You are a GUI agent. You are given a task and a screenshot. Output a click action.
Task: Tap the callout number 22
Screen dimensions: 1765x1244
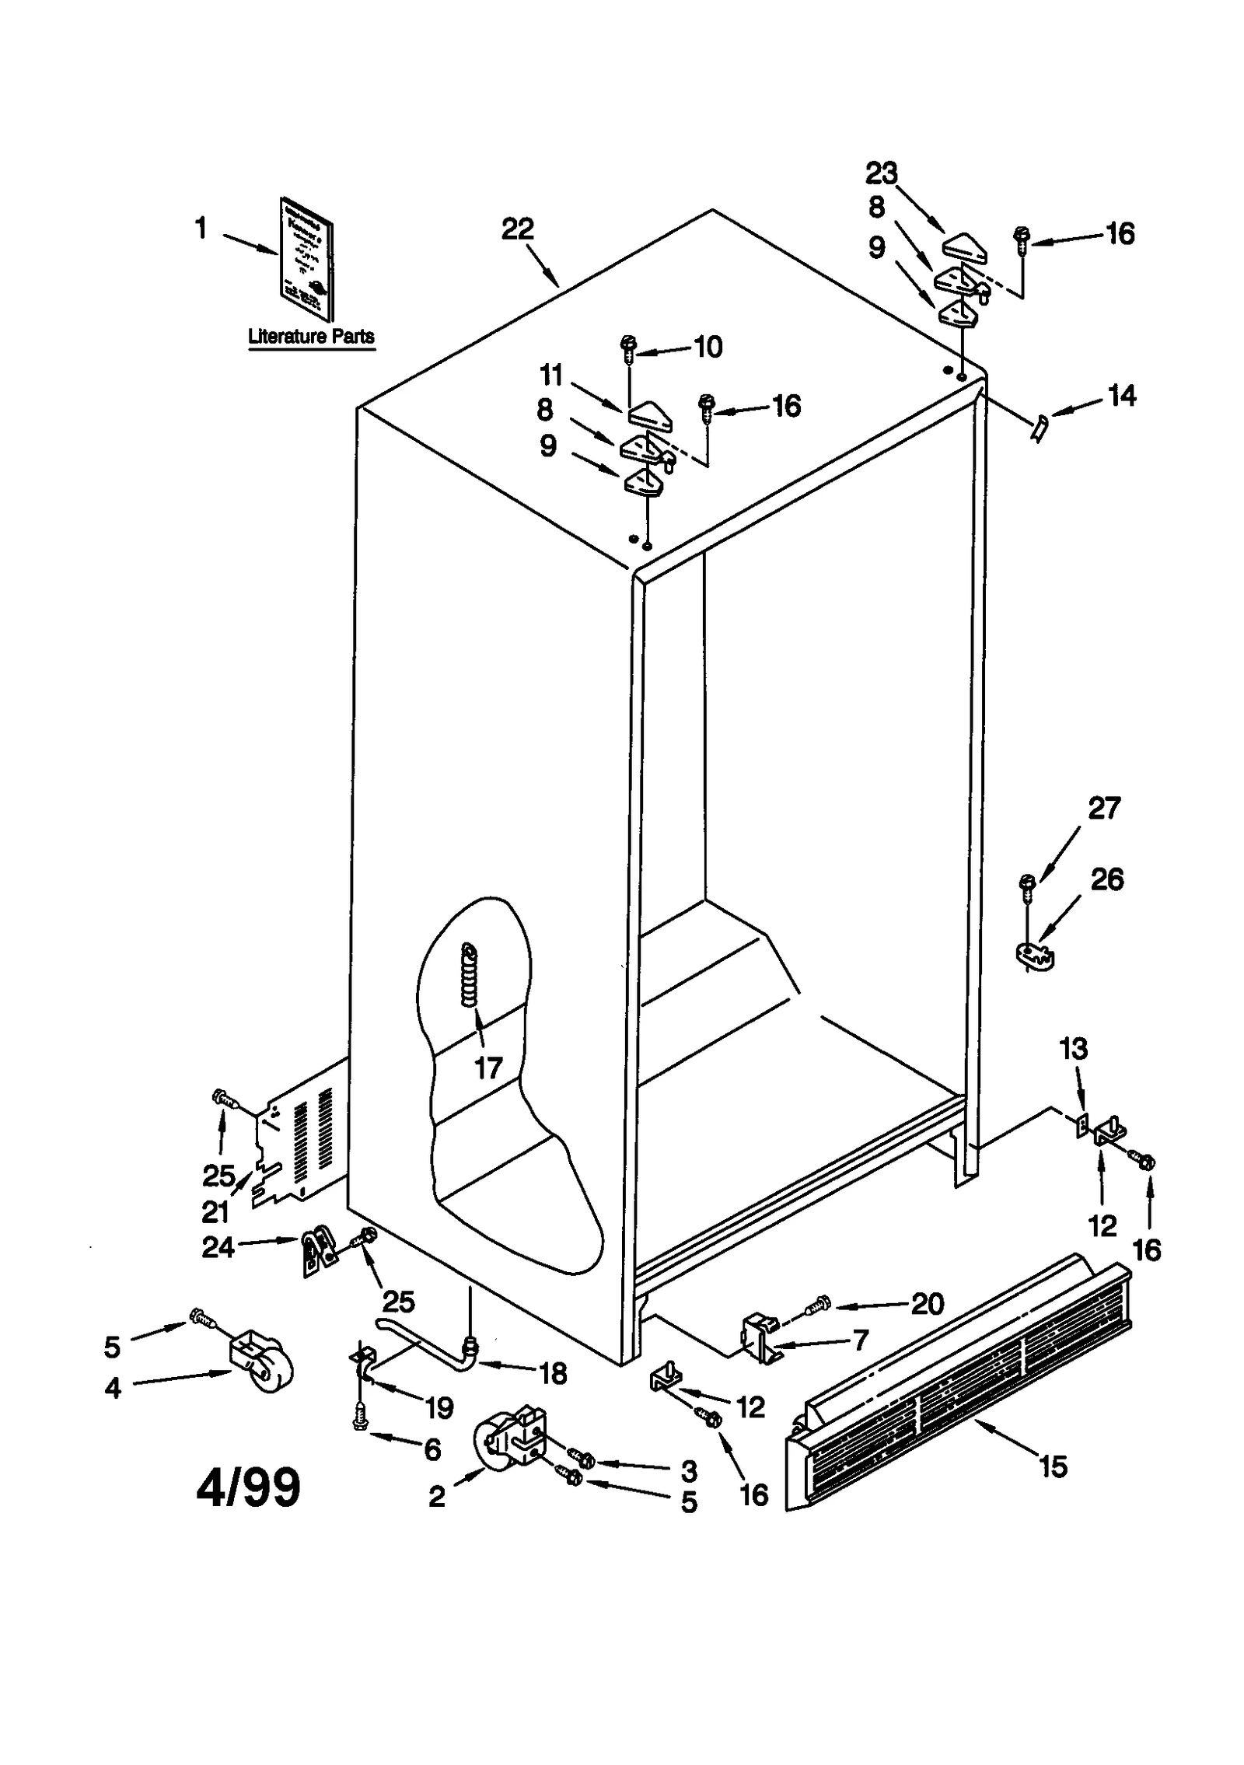pos(517,229)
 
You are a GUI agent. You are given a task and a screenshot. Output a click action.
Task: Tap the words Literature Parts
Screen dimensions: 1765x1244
pos(311,337)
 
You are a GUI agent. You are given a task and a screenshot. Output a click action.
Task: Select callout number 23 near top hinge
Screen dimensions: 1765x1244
pos(881,173)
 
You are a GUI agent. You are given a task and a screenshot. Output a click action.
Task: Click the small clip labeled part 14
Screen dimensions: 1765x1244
pos(1040,427)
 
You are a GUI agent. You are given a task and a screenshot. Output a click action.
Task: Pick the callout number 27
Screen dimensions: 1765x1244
pos(1103,809)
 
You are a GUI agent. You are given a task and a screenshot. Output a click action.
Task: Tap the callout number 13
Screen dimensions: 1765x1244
pos(1073,1049)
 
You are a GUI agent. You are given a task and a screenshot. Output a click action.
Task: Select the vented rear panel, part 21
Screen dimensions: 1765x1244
pos(299,1143)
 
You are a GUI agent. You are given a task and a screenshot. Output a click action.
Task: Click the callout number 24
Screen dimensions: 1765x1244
pos(218,1247)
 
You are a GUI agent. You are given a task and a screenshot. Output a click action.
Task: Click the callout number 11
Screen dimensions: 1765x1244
pos(551,375)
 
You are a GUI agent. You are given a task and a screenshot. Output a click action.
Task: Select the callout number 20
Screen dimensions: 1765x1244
pos(927,1304)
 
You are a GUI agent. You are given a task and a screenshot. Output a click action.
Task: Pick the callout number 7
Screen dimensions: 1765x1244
pos(860,1340)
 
